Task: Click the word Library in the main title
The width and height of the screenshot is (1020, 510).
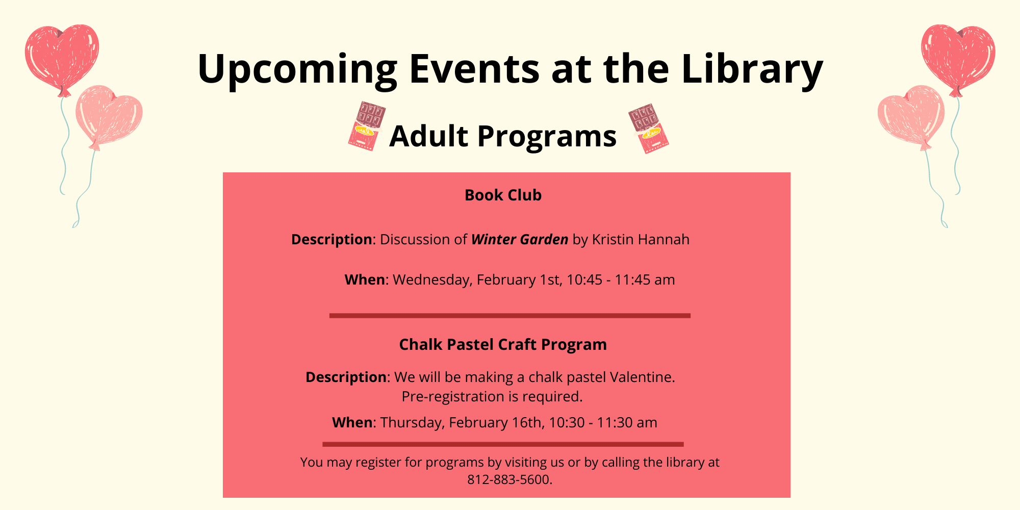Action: [x=752, y=69]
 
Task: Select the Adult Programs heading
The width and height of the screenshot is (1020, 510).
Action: [x=503, y=136]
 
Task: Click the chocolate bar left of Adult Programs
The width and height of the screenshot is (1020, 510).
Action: [x=366, y=125]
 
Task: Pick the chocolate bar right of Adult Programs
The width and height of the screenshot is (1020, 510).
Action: [x=648, y=128]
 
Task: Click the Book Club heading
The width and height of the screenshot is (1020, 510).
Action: [x=503, y=195]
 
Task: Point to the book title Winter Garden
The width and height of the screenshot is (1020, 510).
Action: [x=520, y=239]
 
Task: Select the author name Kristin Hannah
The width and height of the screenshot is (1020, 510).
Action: [x=641, y=239]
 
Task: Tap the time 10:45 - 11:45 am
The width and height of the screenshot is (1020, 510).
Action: [x=621, y=279]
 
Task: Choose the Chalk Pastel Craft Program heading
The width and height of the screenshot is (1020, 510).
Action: [x=503, y=345]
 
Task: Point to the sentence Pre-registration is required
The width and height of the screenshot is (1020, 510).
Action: [x=492, y=396]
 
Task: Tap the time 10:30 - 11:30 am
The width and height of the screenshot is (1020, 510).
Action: [x=603, y=422]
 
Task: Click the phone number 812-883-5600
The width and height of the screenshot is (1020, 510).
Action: [x=508, y=479]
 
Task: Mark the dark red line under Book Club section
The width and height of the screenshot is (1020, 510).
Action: [x=510, y=316]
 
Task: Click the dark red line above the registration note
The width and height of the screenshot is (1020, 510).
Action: [x=503, y=444]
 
